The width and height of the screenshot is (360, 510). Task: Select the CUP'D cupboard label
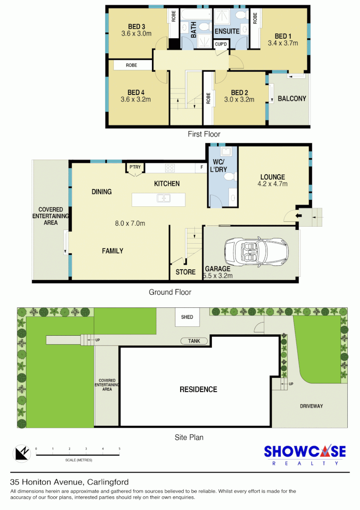click(221, 44)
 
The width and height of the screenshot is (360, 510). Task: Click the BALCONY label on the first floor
click(292, 99)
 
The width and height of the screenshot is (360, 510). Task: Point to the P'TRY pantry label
click(135, 167)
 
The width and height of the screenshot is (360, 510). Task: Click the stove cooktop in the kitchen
click(170, 168)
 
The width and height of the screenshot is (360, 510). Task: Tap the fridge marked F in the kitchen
click(201, 168)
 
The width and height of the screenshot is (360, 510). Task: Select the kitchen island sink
click(164, 198)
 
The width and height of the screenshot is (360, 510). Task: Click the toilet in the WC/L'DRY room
click(229, 177)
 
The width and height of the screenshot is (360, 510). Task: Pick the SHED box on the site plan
click(187, 317)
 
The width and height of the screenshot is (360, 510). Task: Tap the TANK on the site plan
click(193, 341)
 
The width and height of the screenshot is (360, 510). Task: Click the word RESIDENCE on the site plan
click(198, 390)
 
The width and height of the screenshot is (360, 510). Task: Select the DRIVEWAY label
click(311, 406)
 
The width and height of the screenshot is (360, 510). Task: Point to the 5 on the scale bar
click(119, 448)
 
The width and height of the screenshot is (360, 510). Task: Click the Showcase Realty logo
click(304, 455)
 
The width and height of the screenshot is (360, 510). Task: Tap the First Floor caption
click(204, 134)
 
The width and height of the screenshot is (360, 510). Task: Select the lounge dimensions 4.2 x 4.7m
click(272, 184)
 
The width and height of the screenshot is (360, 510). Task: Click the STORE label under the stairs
click(185, 272)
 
